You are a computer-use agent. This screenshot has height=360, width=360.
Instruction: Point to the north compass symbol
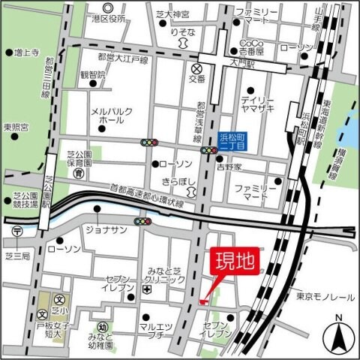pyautogui.click(x=338, y=336)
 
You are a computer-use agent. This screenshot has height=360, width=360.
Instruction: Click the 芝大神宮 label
pyautogui.click(x=178, y=13)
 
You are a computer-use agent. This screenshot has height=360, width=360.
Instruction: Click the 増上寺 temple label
pyautogui.click(x=27, y=53)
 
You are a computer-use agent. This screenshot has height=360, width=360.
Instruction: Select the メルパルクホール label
pyautogui.click(x=112, y=115)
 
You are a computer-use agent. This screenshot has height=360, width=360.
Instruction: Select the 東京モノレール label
pyautogui.click(x=324, y=296)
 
